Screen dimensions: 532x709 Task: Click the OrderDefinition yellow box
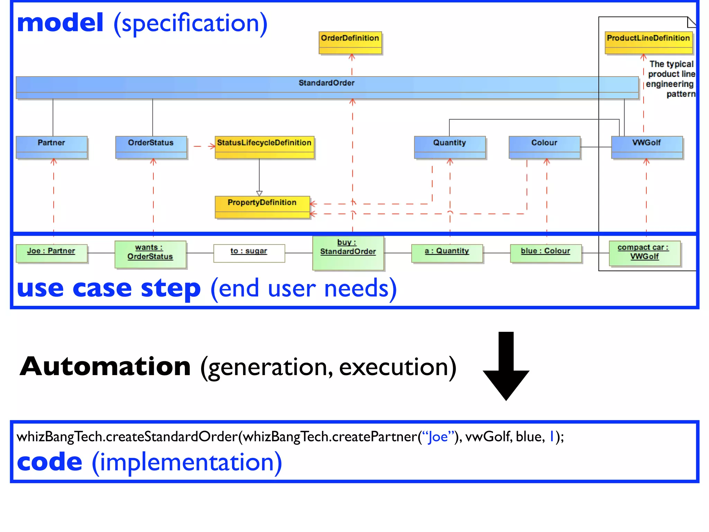coord(350,43)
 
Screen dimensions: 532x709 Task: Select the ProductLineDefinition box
coord(648,43)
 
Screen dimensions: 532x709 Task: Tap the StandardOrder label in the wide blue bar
coord(326,83)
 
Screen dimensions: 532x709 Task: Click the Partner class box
coord(52,147)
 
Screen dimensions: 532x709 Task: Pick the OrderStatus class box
coord(151,147)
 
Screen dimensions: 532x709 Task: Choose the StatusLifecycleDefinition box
coord(264,147)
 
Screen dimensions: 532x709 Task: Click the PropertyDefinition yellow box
coord(262,207)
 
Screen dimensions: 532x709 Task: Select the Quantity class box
coord(450,147)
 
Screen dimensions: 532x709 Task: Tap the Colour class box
coord(544,147)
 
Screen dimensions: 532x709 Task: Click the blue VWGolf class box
coord(647,147)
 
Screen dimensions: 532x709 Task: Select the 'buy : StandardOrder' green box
coord(348,253)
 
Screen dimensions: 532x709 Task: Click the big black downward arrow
coord(506,367)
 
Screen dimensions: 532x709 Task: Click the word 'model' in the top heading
coord(60,23)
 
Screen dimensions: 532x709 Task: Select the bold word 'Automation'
coord(105,367)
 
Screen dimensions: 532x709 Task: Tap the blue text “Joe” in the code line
coord(438,437)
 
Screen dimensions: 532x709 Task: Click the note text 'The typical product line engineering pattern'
coord(671,79)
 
